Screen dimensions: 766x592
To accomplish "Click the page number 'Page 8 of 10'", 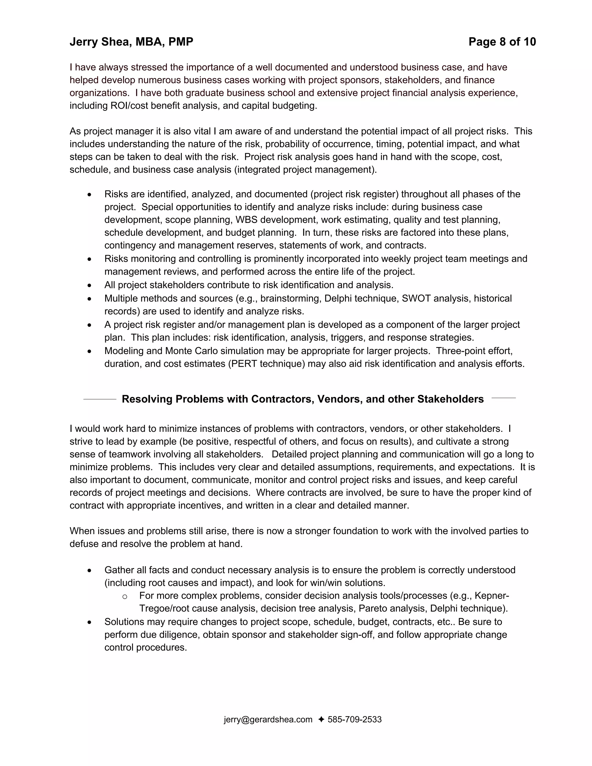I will click(502, 42).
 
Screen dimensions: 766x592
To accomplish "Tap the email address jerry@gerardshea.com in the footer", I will click(268, 719).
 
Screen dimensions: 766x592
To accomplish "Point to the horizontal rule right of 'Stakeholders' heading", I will click(503, 398).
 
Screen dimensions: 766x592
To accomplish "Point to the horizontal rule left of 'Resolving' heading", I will click(100, 399).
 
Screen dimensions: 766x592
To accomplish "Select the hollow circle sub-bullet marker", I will click(125, 596).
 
